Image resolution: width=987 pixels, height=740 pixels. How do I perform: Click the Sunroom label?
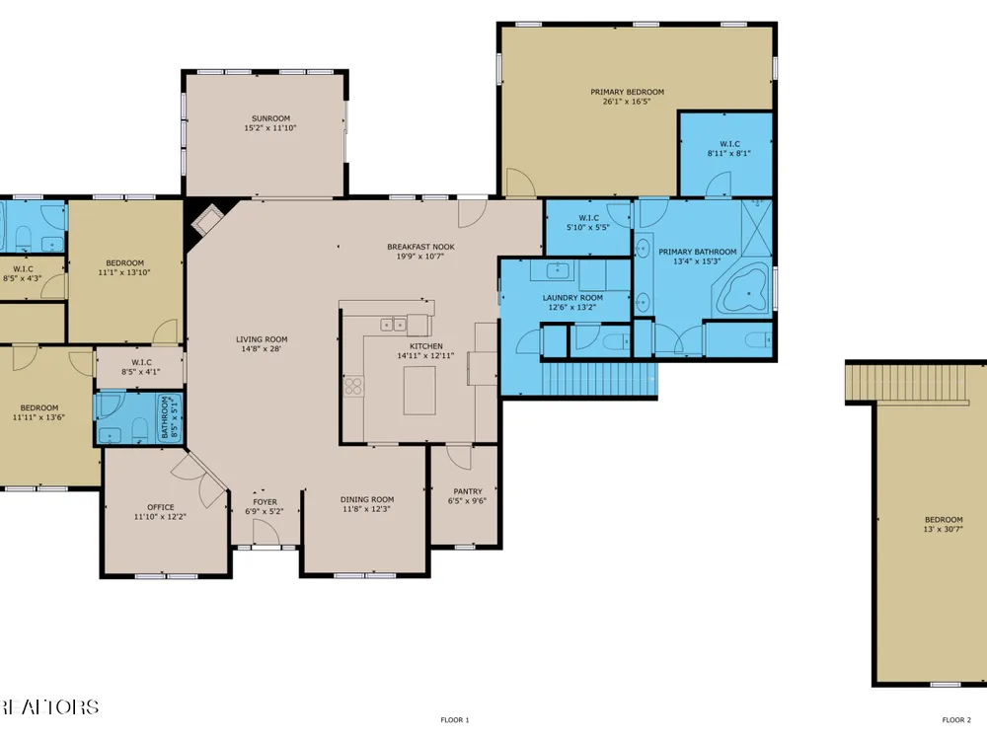(x=270, y=118)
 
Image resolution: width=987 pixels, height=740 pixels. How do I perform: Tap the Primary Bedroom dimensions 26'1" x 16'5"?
(x=627, y=102)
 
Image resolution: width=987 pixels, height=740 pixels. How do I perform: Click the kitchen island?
(x=419, y=390)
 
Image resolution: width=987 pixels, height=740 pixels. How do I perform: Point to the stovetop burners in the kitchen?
(x=353, y=386)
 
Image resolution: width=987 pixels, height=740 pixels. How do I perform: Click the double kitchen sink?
(x=394, y=325)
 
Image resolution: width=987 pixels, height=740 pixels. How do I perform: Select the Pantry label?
(x=468, y=491)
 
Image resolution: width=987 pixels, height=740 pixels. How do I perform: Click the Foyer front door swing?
(x=266, y=533)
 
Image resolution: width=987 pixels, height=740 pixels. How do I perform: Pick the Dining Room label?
(x=367, y=499)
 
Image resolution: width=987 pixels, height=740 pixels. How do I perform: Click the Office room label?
(x=161, y=507)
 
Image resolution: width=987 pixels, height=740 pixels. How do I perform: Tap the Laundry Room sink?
(x=557, y=270)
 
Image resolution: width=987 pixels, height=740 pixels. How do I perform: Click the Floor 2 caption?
(x=956, y=720)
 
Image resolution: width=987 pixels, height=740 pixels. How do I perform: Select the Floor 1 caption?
(x=454, y=720)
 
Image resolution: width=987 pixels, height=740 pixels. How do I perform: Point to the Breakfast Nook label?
(x=420, y=247)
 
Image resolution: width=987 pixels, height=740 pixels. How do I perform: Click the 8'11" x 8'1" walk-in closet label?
(x=729, y=153)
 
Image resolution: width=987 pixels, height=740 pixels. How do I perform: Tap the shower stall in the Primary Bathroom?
(x=756, y=228)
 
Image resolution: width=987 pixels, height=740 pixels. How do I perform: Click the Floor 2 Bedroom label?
(x=944, y=520)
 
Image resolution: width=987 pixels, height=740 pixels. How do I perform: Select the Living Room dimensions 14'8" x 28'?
(x=262, y=348)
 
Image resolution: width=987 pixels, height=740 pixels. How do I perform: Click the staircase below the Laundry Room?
(x=598, y=379)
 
